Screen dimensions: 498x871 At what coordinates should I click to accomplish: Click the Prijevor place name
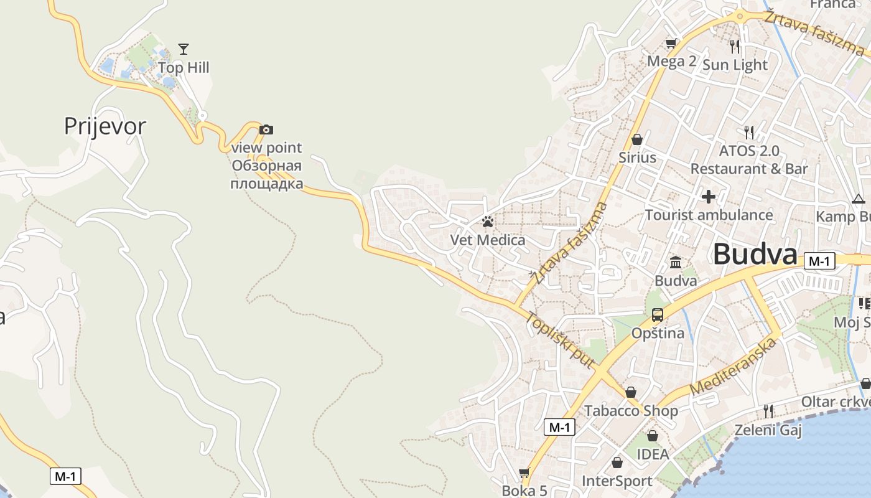tap(105, 126)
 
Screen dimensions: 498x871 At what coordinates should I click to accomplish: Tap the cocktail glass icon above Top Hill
tap(184, 49)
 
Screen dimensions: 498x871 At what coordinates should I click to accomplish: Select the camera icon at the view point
tap(266, 129)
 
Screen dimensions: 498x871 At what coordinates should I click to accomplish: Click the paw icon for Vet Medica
tap(487, 221)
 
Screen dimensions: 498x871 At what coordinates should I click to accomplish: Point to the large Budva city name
tap(755, 255)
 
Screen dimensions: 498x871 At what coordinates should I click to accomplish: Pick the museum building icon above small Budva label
tap(676, 263)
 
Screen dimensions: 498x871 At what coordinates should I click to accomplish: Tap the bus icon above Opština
tap(658, 315)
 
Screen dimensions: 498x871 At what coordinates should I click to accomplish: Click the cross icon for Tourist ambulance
tap(709, 197)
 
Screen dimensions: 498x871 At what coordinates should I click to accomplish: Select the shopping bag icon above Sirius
tap(637, 139)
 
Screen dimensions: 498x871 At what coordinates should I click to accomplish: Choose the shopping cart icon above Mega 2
tap(671, 43)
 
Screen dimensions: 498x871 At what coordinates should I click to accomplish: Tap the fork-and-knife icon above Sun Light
tap(735, 46)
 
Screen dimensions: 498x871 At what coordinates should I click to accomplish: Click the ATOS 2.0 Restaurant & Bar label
tap(749, 160)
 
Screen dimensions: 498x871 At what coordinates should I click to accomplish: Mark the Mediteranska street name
tap(734, 368)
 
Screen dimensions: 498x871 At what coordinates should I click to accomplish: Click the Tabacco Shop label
tap(631, 411)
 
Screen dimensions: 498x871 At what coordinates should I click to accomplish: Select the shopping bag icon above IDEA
tap(653, 436)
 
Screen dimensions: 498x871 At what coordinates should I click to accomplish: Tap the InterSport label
tap(617, 481)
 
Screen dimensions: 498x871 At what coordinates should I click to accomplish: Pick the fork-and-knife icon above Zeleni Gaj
tap(768, 411)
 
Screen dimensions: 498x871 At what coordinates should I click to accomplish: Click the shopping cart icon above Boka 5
tap(524, 473)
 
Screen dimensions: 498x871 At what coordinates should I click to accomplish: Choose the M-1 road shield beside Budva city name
tap(819, 261)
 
